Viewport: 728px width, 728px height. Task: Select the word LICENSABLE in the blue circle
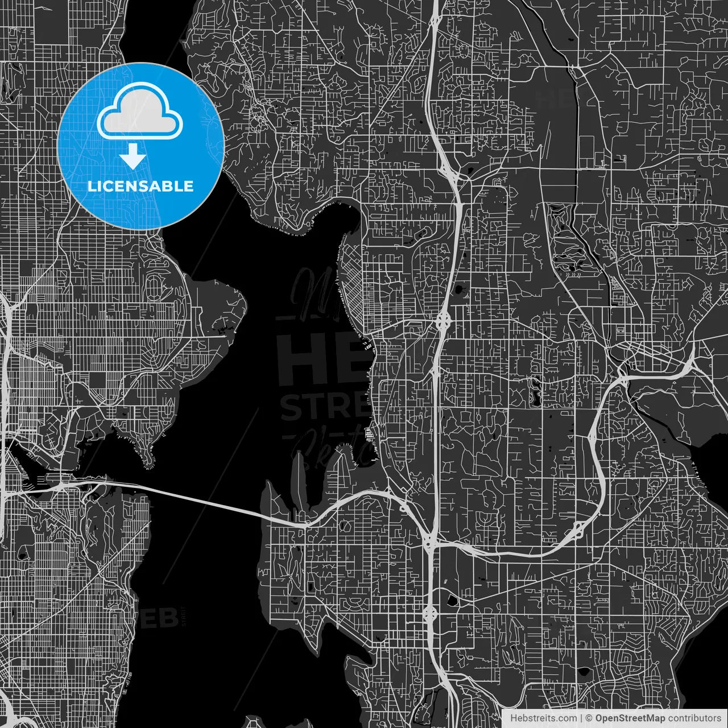click(140, 186)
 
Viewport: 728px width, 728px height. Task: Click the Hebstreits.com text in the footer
click(543, 718)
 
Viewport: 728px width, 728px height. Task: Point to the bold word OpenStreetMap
click(630, 718)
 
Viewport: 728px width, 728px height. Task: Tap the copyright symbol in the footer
click(589, 718)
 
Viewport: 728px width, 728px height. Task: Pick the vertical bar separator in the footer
click(581, 718)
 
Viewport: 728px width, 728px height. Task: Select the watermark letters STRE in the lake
click(324, 406)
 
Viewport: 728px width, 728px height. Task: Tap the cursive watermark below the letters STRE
click(330, 446)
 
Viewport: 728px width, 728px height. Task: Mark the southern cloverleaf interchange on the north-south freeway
click(429, 613)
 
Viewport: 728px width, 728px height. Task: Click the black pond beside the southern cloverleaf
click(452, 601)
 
